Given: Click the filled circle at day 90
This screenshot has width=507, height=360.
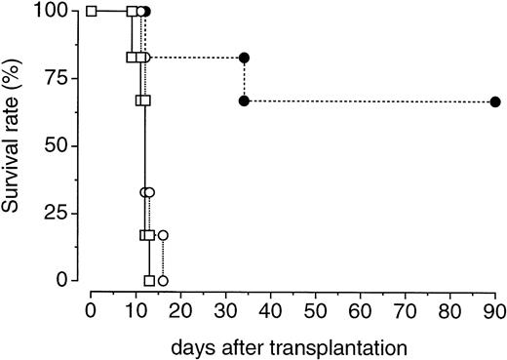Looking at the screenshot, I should click(495, 101).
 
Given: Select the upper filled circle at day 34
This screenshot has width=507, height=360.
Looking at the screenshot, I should click(244, 58).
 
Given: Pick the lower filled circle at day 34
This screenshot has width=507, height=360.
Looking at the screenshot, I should click(244, 101).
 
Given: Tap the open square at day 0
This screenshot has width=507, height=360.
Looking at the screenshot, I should click(91, 12).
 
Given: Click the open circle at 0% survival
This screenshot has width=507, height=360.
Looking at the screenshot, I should click(163, 280).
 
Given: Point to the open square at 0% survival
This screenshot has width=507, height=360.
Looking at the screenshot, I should click(149, 280).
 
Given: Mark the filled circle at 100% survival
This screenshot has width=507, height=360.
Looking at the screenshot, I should click(145, 12).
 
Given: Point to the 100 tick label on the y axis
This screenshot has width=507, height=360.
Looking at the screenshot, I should click(55, 12).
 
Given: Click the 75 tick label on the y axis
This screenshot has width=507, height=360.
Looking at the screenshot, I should click(59, 79).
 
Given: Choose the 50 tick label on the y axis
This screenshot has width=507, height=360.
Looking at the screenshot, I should click(59, 146).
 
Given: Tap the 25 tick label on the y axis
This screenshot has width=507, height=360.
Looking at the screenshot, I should click(59, 213).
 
